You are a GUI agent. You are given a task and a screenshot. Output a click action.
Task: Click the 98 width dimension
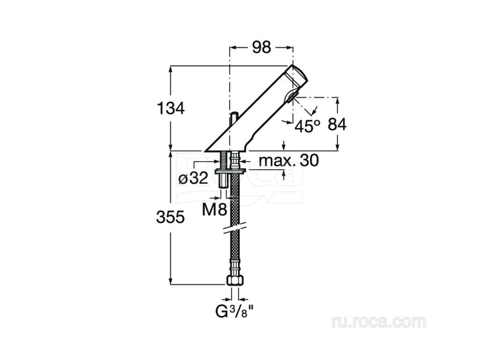coord(262,47)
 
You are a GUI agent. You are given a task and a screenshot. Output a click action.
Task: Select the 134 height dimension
coord(170,108)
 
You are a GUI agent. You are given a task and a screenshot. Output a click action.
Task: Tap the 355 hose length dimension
coord(170,217)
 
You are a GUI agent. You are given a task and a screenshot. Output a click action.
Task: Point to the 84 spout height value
coord(337,125)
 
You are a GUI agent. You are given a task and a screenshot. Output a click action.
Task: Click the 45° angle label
coord(307,126)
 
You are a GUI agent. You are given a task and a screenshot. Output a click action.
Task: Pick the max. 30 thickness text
coord(289,161)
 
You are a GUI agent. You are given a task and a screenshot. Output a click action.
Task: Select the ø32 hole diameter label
coord(193,178)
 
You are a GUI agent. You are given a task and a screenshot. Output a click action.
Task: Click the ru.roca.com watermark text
coord(379,322)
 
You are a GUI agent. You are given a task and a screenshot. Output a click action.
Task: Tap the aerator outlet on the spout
coord(292,97)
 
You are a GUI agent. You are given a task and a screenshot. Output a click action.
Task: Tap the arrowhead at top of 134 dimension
coord(170,68)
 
